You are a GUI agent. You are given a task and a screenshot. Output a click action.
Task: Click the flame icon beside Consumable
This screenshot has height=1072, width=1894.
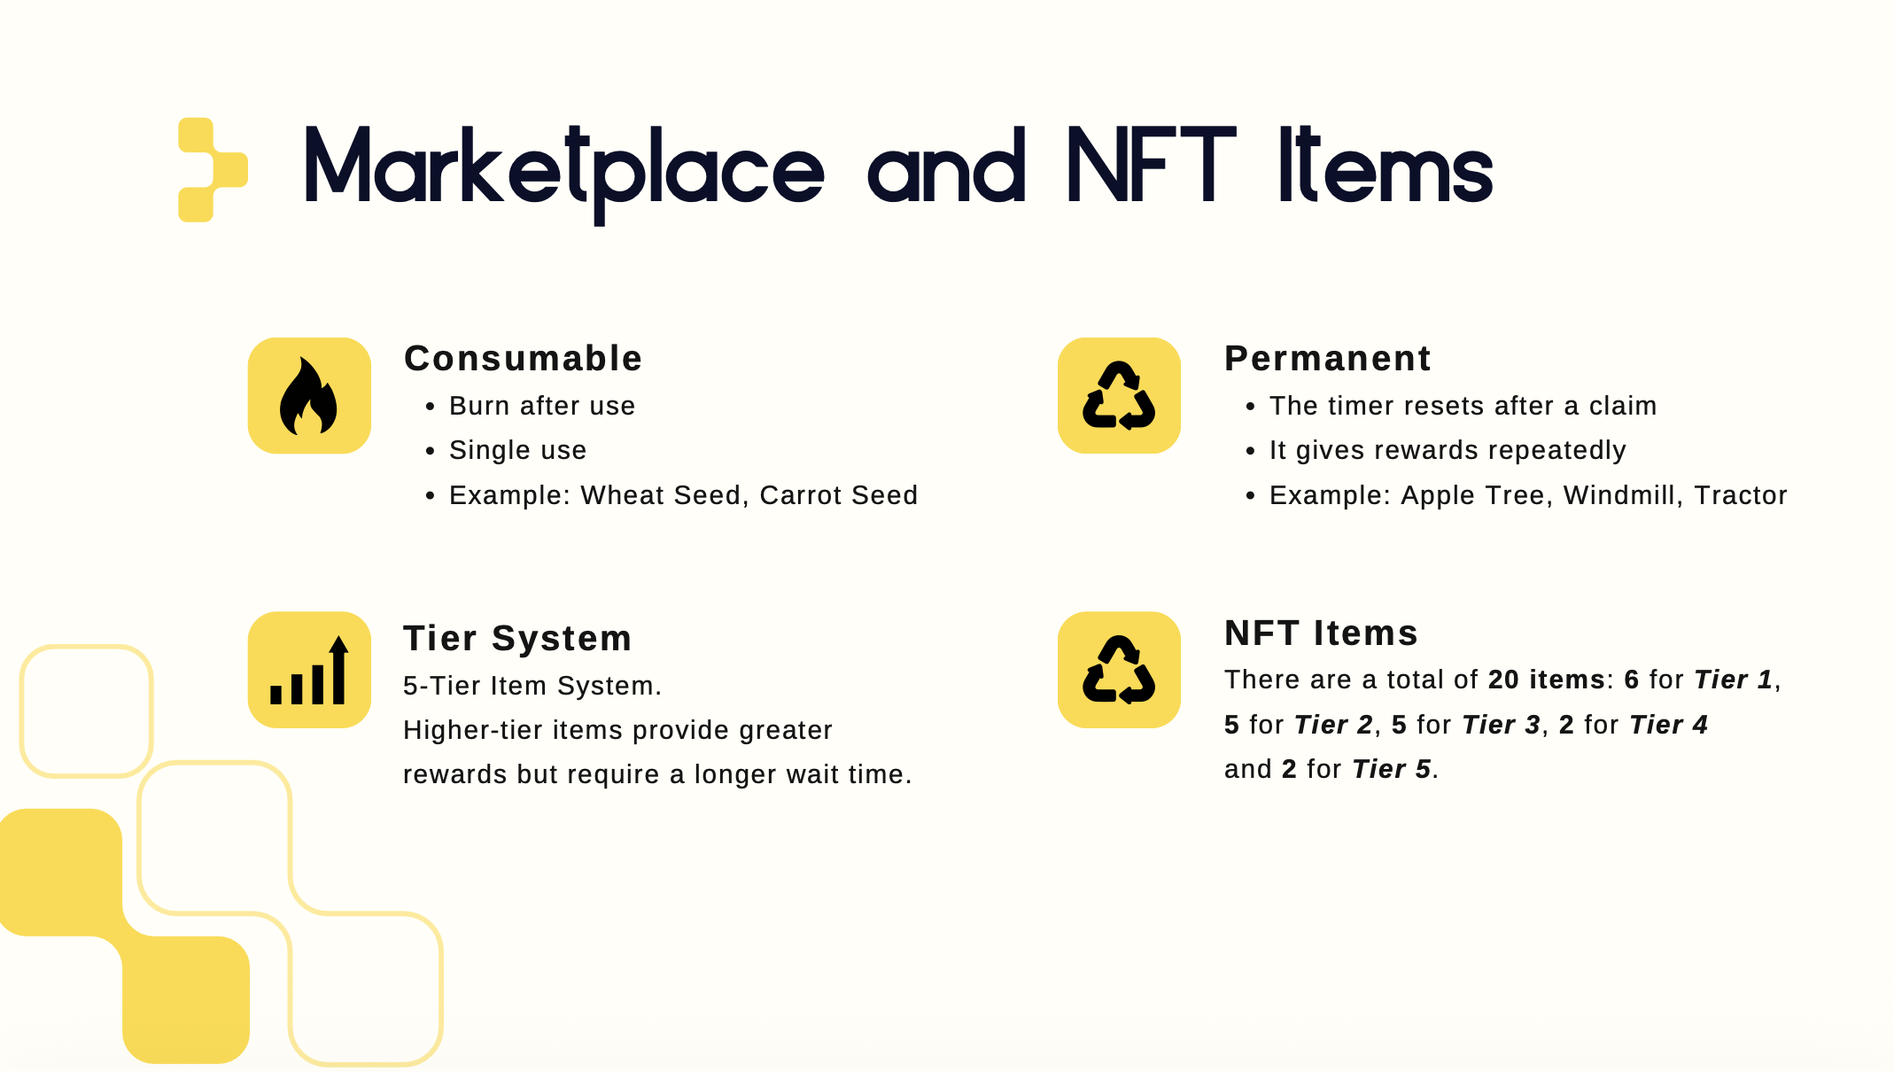pyautogui.click(x=308, y=396)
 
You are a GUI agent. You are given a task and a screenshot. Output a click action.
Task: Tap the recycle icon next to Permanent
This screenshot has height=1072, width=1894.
pyautogui.click(x=1119, y=395)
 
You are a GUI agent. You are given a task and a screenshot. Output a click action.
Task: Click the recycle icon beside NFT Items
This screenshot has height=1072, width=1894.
pyautogui.click(x=1119, y=670)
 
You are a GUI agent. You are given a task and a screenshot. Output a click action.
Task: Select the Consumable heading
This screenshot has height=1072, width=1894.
pyautogui.click(x=523, y=359)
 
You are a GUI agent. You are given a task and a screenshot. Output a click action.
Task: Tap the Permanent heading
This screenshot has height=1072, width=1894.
pyautogui.click(x=1327, y=359)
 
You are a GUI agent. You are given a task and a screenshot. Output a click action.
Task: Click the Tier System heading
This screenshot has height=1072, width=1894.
pyautogui.click(x=517, y=639)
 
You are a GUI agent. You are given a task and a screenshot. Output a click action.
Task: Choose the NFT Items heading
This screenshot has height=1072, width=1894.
pyautogui.click(x=1321, y=633)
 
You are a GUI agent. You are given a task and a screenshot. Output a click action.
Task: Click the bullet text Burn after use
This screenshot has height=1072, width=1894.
pyautogui.click(x=542, y=406)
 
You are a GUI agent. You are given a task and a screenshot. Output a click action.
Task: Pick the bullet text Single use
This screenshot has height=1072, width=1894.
pyautogui.click(x=517, y=450)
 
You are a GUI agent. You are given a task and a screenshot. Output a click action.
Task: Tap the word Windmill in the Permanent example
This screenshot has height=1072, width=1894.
pyautogui.click(x=1620, y=495)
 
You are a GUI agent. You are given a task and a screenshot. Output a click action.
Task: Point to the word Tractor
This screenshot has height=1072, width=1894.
pyautogui.click(x=1741, y=495)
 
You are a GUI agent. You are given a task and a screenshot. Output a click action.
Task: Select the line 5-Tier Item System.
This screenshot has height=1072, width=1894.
pyautogui.click(x=532, y=686)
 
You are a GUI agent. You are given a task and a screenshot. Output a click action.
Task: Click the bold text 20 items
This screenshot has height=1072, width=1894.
pyautogui.click(x=1547, y=680)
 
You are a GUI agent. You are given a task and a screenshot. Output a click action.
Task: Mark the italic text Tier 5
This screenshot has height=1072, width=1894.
pyautogui.click(x=1391, y=769)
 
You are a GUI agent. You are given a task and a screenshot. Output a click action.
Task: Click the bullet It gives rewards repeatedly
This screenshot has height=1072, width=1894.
pyautogui.click(x=1448, y=451)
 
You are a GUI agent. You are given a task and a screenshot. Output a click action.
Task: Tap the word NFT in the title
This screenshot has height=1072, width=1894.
pyautogui.click(x=1151, y=165)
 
